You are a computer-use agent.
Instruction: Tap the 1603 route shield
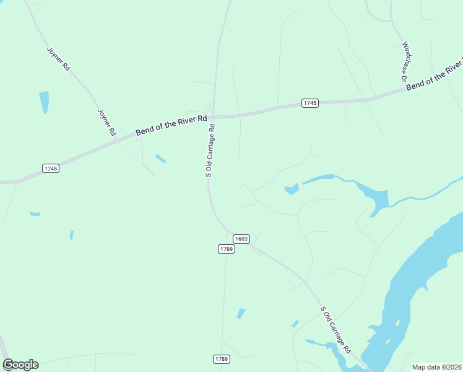point(241,239)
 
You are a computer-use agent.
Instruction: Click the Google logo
point(20,365)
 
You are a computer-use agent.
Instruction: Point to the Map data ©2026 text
point(436,366)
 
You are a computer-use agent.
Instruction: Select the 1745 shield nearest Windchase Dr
point(310,103)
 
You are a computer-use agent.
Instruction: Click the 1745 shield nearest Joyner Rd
point(51,169)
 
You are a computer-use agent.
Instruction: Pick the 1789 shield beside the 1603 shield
point(226,249)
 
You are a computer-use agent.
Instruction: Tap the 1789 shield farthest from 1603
point(222,359)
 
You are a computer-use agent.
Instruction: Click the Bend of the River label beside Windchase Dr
point(434,75)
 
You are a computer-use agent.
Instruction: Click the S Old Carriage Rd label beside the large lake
point(335,329)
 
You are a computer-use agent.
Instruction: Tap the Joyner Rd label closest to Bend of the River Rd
point(106,122)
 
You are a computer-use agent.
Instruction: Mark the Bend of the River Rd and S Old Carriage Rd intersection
point(215,117)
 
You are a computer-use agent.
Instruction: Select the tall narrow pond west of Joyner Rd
point(44,102)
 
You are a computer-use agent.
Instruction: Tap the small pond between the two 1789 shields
point(241,314)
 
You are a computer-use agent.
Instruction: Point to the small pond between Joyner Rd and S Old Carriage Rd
point(160,159)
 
